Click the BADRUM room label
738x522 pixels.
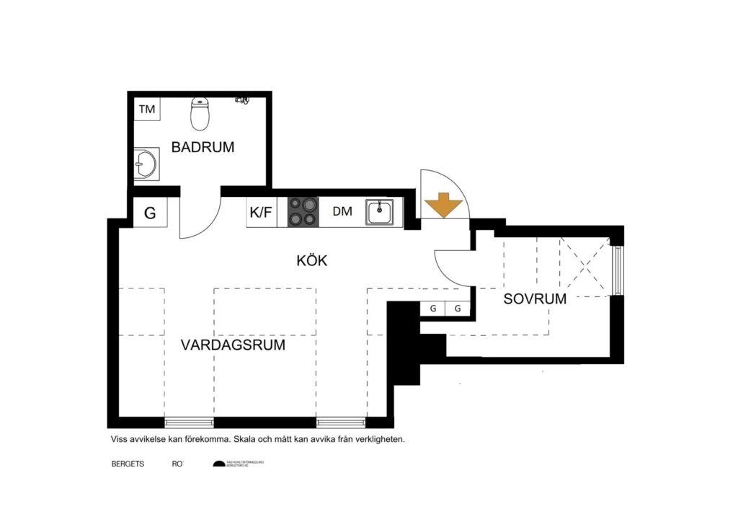[x=203, y=147]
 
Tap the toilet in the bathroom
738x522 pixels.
[x=200, y=113]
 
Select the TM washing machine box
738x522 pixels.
[x=147, y=110]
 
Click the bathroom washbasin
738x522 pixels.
[x=146, y=164]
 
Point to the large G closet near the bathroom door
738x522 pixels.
[x=150, y=213]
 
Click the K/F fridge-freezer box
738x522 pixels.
[x=261, y=213]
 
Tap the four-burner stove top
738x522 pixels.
[x=303, y=213]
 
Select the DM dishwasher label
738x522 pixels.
[x=342, y=213]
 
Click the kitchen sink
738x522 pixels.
[x=379, y=213]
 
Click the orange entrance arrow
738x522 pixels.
[x=443, y=205]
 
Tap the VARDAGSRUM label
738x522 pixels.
[x=233, y=345]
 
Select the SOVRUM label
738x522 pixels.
[x=535, y=298]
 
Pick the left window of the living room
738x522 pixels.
[x=189, y=422]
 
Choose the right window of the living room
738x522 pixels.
[x=341, y=422]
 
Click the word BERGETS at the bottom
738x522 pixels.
[x=128, y=464]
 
